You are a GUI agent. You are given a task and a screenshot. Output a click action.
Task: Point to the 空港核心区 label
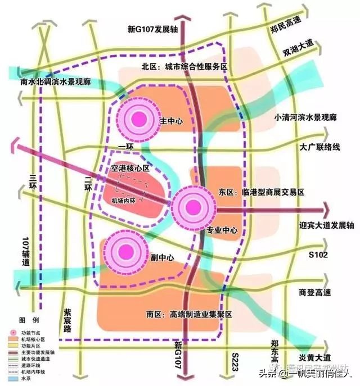coord(131,168)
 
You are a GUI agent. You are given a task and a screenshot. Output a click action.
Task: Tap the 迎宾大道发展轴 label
coord(327,225)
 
